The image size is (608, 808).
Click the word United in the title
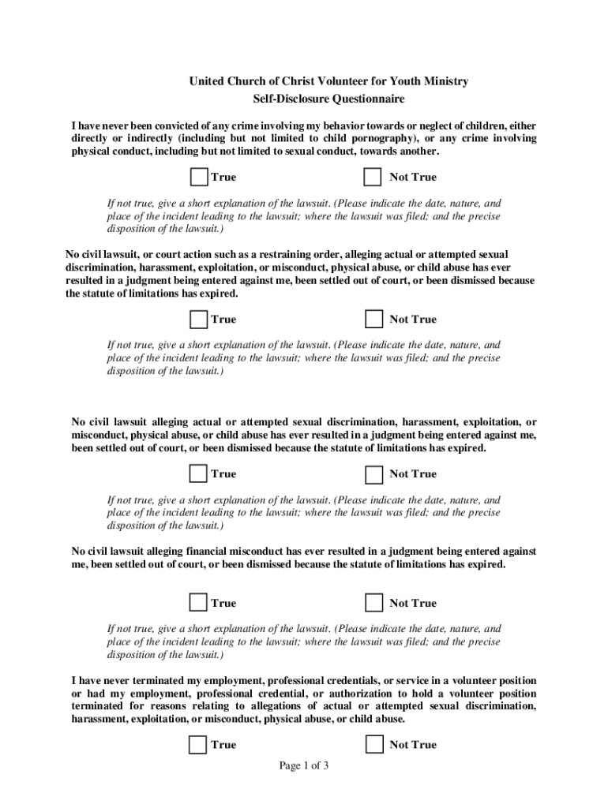207,81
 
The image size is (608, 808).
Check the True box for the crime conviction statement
200,177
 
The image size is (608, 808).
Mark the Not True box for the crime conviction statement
373,177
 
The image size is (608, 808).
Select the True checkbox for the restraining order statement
199,319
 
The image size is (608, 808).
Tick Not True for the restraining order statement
373,319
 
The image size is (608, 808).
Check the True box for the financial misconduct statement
199,603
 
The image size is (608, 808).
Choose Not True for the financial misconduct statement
373,603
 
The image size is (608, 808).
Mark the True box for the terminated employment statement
199,744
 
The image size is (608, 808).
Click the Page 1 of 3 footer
304,765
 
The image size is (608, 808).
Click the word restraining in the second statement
277,254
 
